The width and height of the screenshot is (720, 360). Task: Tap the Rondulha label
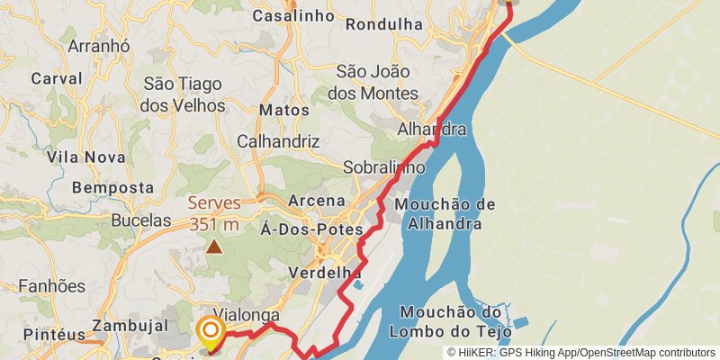[x=384, y=25]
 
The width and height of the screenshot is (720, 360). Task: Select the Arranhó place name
[x=99, y=47]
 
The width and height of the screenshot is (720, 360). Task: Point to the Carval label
[x=57, y=78]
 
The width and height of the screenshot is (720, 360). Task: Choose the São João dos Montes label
[x=377, y=82]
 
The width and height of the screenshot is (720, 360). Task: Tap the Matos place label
[x=283, y=110]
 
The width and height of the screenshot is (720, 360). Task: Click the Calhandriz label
[x=278, y=141]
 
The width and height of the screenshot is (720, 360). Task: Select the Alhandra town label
[x=432, y=130]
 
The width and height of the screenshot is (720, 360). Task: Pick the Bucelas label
[x=141, y=220]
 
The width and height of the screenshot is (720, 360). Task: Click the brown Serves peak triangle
[x=214, y=245]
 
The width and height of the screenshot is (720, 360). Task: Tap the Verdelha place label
[x=325, y=272]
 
